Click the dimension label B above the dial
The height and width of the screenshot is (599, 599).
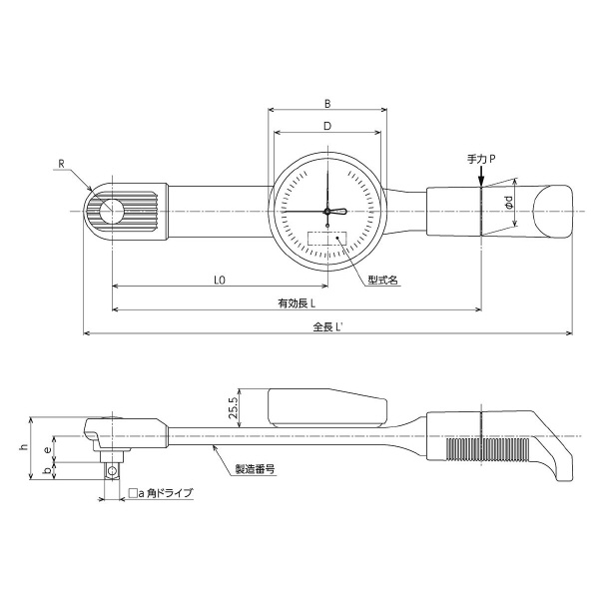326,103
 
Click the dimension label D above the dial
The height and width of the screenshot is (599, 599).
326,126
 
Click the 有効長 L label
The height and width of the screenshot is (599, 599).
297,303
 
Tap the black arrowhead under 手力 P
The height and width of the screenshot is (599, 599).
481,180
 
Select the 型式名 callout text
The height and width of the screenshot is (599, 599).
382,282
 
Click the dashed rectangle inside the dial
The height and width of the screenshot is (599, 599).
327,240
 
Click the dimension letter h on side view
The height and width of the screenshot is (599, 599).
24,448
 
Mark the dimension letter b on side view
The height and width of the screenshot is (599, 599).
47,472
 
